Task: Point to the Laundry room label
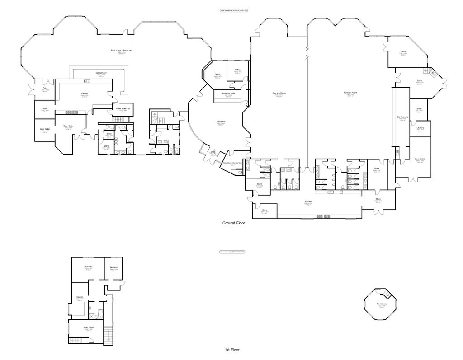[x=420, y=128]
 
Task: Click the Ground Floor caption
[x=233, y=223]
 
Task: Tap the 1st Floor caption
[x=231, y=350]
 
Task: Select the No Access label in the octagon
[x=383, y=304]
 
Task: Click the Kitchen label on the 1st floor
[x=80, y=297]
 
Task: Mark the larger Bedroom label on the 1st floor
[x=89, y=267]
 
